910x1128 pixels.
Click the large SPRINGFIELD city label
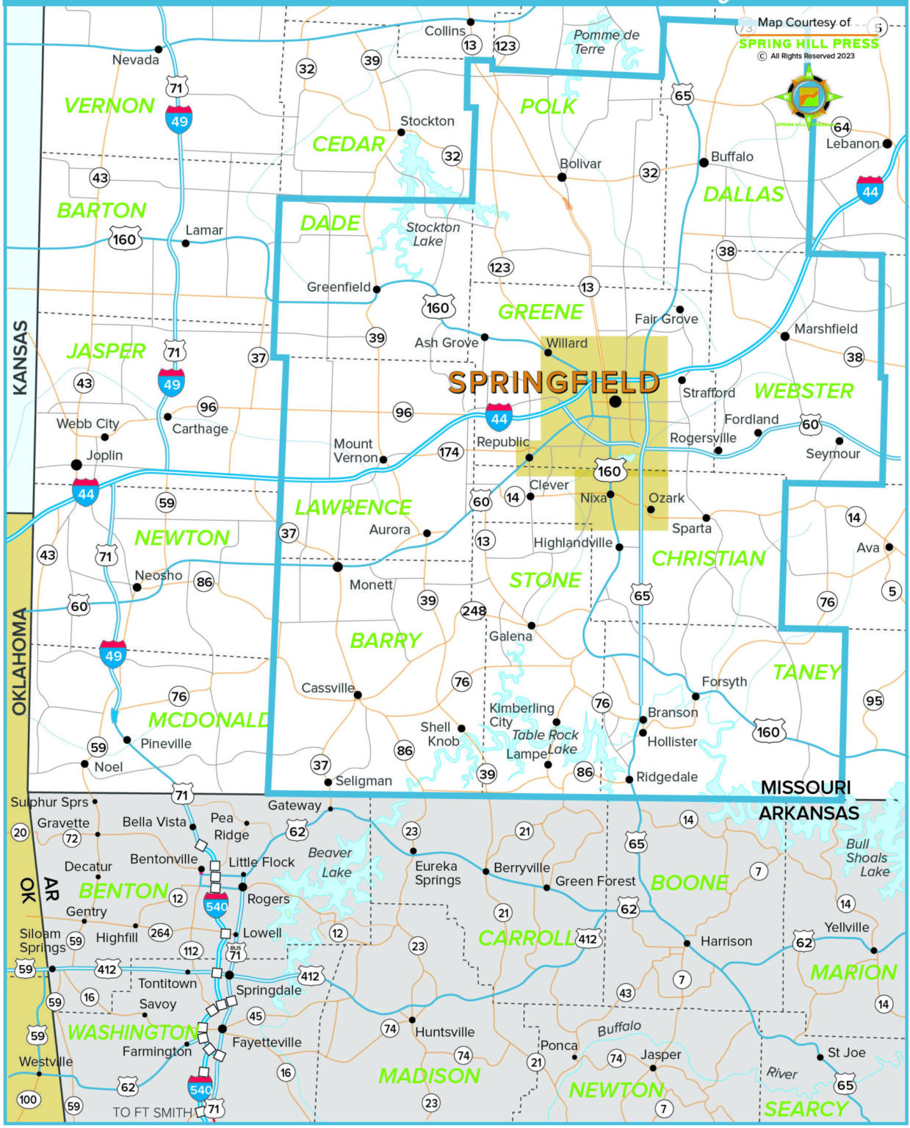pyautogui.click(x=554, y=383)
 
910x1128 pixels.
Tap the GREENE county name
pyautogui.click(x=541, y=312)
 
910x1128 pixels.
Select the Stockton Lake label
pyautogui.click(x=432, y=234)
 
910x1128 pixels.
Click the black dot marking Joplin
pyautogui.click(x=76, y=465)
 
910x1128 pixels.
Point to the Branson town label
pyautogui.click(x=673, y=712)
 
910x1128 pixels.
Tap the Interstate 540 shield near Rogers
pyautogui.click(x=216, y=906)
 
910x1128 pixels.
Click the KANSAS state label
pyautogui.click(x=21, y=358)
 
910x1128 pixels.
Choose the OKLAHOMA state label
pyautogui.click(x=20, y=661)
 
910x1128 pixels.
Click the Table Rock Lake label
pyautogui.click(x=546, y=742)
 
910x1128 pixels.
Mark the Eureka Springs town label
pyautogui.click(x=438, y=873)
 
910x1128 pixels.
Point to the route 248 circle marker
pyautogui.click(x=474, y=610)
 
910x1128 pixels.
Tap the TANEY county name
pyautogui.click(x=806, y=672)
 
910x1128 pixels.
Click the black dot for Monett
pyautogui.click(x=338, y=567)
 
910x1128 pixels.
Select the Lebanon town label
pyautogui.click(x=852, y=144)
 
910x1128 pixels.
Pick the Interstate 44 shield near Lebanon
pyautogui.click(x=870, y=191)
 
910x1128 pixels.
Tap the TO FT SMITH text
pyautogui.click(x=152, y=1112)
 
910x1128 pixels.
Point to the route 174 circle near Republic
pyautogui.click(x=449, y=452)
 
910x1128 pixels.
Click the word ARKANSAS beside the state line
pyautogui.click(x=809, y=813)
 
